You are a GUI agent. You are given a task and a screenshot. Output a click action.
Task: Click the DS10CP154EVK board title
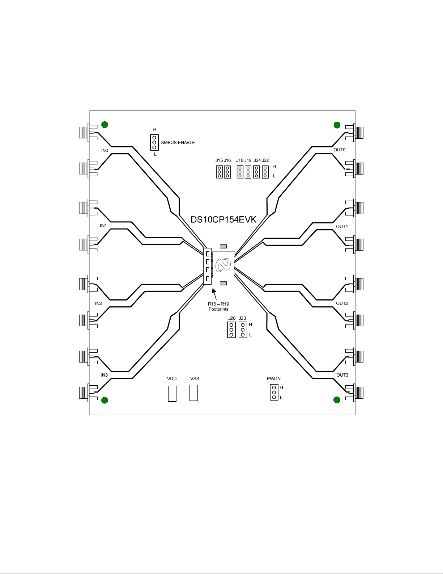(x=223, y=219)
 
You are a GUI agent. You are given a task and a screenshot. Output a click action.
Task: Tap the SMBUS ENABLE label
(x=178, y=143)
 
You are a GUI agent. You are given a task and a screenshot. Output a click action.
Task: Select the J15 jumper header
(x=220, y=172)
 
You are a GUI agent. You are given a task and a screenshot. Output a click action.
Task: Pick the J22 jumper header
(x=265, y=172)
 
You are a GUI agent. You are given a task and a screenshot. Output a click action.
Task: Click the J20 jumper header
(x=231, y=330)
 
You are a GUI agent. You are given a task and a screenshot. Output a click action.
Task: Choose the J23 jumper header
(x=243, y=330)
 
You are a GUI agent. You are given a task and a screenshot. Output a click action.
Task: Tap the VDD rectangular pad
(x=172, y=394)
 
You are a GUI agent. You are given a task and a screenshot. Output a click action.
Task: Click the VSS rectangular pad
(x=194, y=393)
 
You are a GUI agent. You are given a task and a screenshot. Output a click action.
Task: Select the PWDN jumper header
(x=274, y=392)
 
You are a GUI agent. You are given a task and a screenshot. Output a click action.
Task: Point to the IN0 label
(x=105, y=151)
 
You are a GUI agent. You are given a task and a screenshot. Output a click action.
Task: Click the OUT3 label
(x=342, y=375)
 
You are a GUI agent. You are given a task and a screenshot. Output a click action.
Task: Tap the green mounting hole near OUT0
(x=337, y=125)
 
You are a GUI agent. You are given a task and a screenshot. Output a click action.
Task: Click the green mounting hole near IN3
(x=105, y=400)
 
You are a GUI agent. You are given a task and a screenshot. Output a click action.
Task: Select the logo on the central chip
(x=223, y=265)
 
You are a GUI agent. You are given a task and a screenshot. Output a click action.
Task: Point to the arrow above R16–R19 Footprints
(x=215, y=294)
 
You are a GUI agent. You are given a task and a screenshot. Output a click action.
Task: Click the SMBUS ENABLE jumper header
(x=154, y=142)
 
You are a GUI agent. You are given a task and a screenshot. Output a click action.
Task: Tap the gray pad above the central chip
(x=223, y=247)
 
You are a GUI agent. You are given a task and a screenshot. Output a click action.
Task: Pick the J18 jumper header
(x=240, y=172)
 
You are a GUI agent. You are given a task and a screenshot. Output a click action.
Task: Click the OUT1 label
(x=342, y=227)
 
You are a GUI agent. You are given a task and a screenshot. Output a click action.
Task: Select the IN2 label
(x=99, y=303)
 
